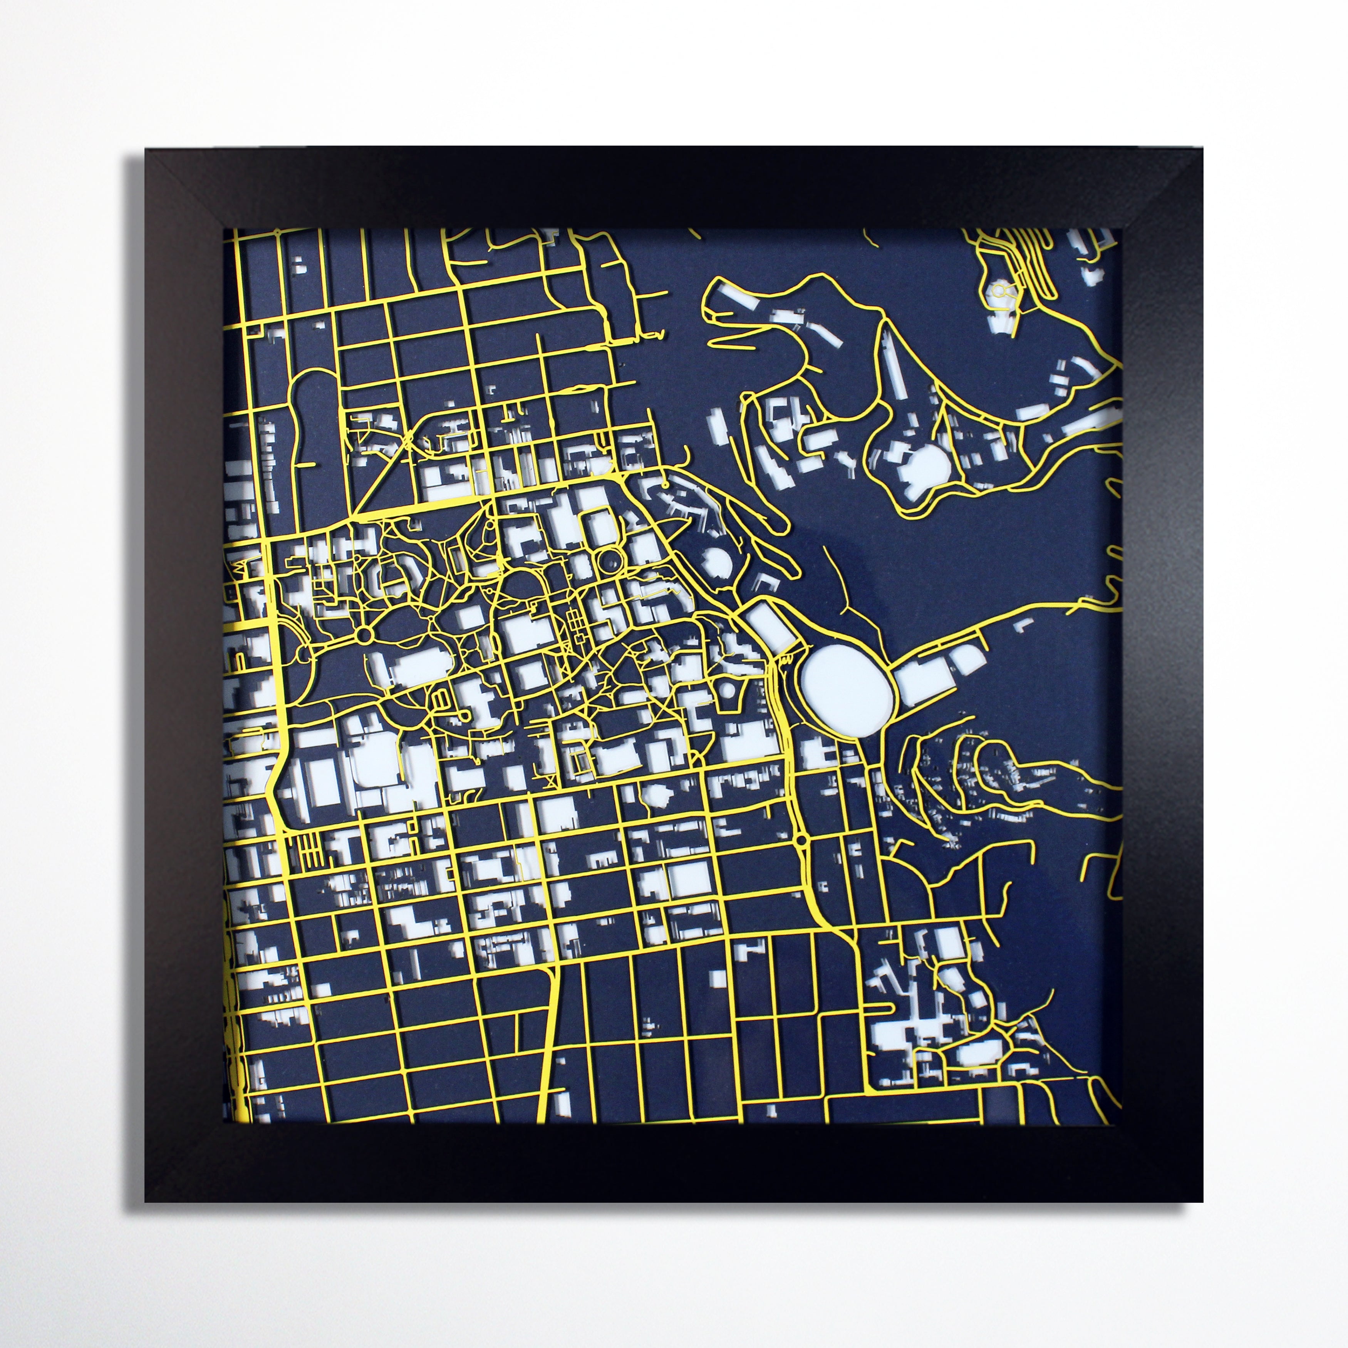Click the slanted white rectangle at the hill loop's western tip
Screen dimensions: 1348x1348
[739, 298]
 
